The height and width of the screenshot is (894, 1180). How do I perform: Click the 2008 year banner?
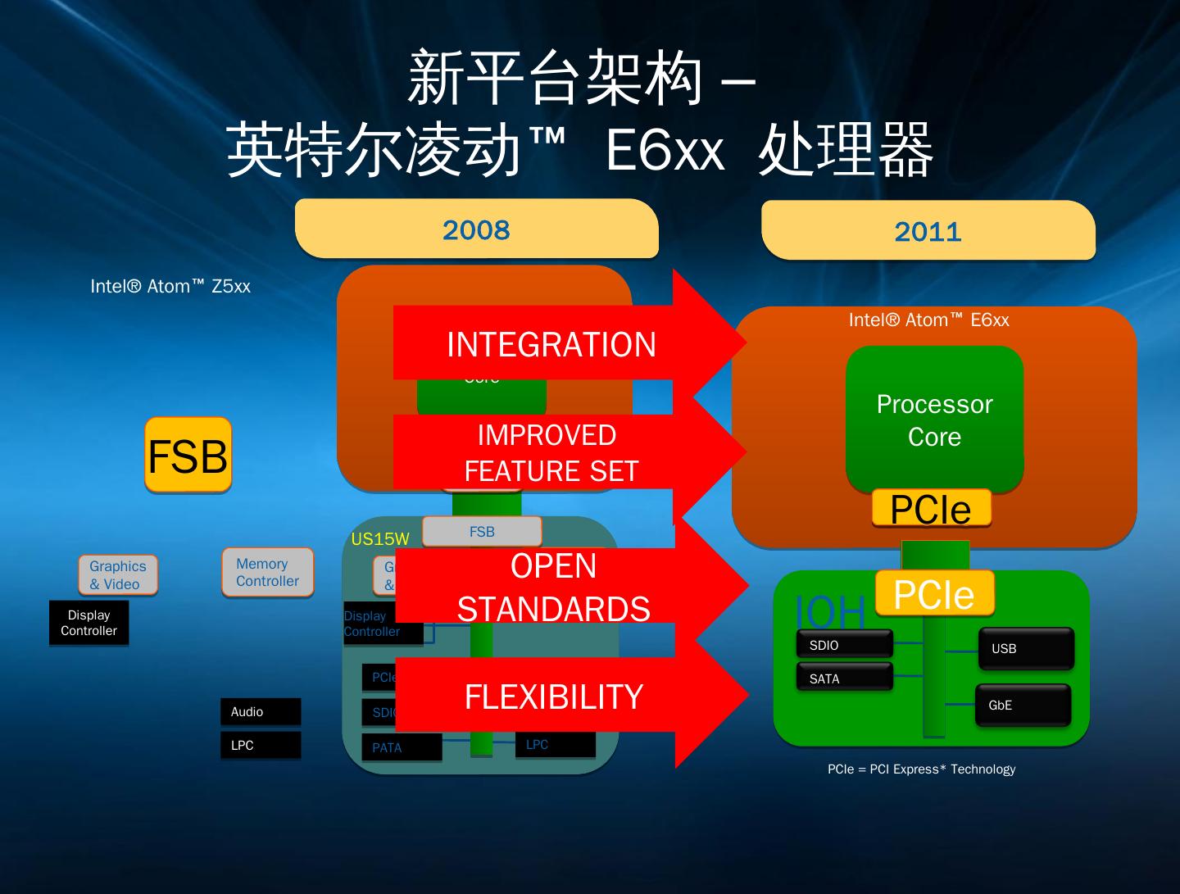click(x=476, y=229)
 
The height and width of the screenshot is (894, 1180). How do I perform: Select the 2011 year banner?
click(x=928, y=231)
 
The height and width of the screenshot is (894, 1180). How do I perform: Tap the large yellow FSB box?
click(x=188, y=456)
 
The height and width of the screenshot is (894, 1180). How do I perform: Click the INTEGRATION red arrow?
click(x=551, y=344)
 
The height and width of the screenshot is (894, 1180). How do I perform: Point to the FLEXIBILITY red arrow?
click(x=554, y=697)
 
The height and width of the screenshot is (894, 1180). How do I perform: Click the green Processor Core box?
click(x=934, y=420)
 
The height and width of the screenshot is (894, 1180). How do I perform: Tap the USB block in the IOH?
click(x=1024, y=648)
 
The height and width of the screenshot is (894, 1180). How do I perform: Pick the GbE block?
click(x=1022, y=705)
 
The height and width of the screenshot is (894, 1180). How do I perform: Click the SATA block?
click(x=844, y=678)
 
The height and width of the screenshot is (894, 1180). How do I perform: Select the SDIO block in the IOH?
click(x=844, y=645)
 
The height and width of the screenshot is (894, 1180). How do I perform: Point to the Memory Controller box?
click(x=267, y=572)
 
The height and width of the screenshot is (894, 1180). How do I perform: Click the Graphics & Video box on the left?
click(x=118, y=574)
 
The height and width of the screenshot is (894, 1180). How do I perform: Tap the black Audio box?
click(x=260, y=711)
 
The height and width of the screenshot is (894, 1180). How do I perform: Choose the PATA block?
click(x=401, y=747)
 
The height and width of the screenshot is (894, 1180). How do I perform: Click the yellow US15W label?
click(x=379, y=538)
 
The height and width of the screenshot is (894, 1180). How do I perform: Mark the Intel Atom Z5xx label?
click(x=170, y=286)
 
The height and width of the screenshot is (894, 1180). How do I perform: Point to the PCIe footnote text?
click(x=921, y=769)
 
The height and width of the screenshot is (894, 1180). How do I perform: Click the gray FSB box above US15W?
click(x=482, y=531)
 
